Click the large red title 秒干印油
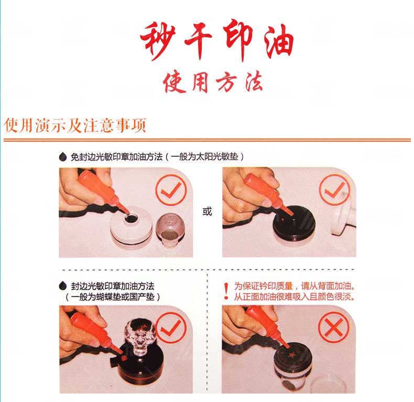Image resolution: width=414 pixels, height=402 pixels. coord(217,40)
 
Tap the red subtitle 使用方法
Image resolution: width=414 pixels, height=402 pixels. coord(213,82)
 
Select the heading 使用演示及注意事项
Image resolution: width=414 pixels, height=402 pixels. coord(75,125)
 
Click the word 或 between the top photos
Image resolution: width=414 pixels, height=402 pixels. coord(208,211)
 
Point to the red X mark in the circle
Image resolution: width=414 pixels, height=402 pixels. coord(334,327)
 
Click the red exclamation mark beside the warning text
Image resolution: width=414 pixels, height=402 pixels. coord(226,291)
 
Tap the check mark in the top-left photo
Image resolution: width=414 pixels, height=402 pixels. coord(171,189)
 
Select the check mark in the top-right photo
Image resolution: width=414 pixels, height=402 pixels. coord(334,189)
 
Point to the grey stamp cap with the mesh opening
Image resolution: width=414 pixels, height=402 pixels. coord(170,229)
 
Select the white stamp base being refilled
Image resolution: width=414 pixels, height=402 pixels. coord(131,227)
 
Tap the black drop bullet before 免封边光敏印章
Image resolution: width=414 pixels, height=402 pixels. coord(62,157)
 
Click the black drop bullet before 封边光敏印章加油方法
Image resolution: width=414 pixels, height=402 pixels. coord(62,286)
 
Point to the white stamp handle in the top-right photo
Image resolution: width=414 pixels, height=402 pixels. coord(343,214)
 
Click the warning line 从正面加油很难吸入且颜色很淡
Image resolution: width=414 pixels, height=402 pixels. coord(294,297)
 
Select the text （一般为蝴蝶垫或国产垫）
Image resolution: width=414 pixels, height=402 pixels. coord(112,297)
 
